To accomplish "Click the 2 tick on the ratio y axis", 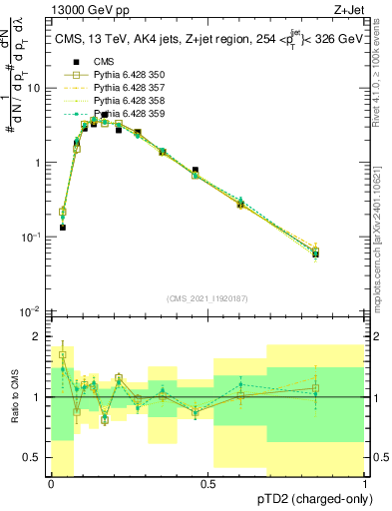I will click(38, 336).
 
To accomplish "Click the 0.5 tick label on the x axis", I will click(207, 484).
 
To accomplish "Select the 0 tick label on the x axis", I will click(51, 484).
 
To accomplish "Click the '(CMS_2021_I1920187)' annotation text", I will click(208, 300).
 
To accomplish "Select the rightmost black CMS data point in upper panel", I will click(343, 254).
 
